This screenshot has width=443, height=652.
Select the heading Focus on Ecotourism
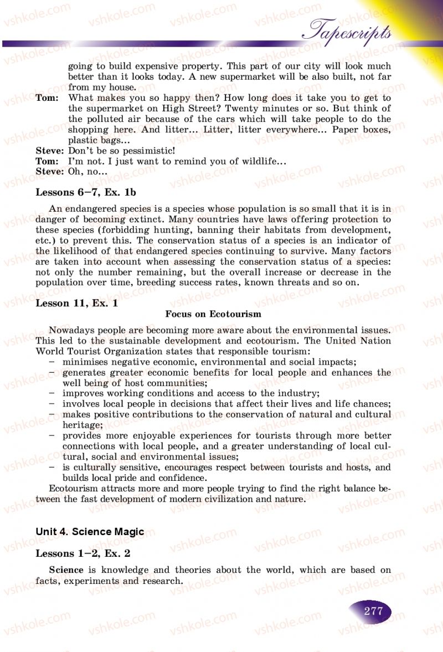click(x=213, y=314)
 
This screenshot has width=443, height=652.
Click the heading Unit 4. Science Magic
click(x=90, y=532)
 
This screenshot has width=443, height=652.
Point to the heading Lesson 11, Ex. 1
click(x=76, y=304)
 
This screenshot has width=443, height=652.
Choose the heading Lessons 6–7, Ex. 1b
click(x=86, y=192)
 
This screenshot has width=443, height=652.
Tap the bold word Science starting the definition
click(x=66, y=570)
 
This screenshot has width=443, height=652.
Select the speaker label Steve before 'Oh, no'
click(x=49, y=172)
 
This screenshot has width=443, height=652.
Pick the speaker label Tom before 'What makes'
click(x=47, y=98)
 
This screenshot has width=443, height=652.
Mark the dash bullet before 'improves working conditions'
click(x=51, y=393)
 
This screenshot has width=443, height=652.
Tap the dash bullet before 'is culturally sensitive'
click(x=51, y=467)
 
